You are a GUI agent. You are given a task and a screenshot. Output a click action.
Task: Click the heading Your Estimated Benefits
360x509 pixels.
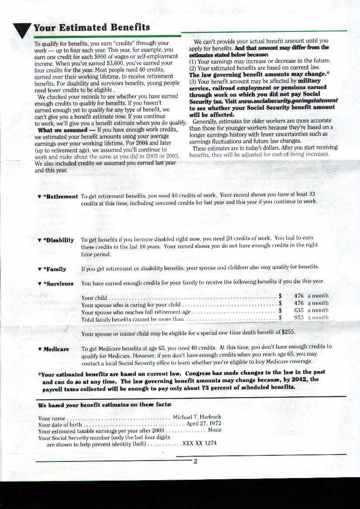(91, 28)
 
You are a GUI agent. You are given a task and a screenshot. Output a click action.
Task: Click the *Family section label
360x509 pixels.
(55, 269)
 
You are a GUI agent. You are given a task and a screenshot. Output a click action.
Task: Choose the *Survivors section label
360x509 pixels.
(58, 284)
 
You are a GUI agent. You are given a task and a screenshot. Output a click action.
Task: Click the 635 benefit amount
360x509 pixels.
(299, 310)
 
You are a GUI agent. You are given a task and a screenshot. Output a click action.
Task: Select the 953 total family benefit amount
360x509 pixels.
(299, 318)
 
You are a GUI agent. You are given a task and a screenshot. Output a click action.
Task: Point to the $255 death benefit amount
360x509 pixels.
(288, 332)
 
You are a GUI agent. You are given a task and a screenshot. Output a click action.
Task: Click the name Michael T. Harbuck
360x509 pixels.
(197, 417)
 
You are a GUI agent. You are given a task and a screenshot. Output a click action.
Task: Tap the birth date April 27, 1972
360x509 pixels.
(204, 423)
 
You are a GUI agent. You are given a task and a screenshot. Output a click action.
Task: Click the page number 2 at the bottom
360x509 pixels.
(195, 461)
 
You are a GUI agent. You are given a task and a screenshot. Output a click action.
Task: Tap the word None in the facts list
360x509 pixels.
(214, 430)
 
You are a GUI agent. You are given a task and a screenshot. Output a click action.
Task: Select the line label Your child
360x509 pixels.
(94, 298)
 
